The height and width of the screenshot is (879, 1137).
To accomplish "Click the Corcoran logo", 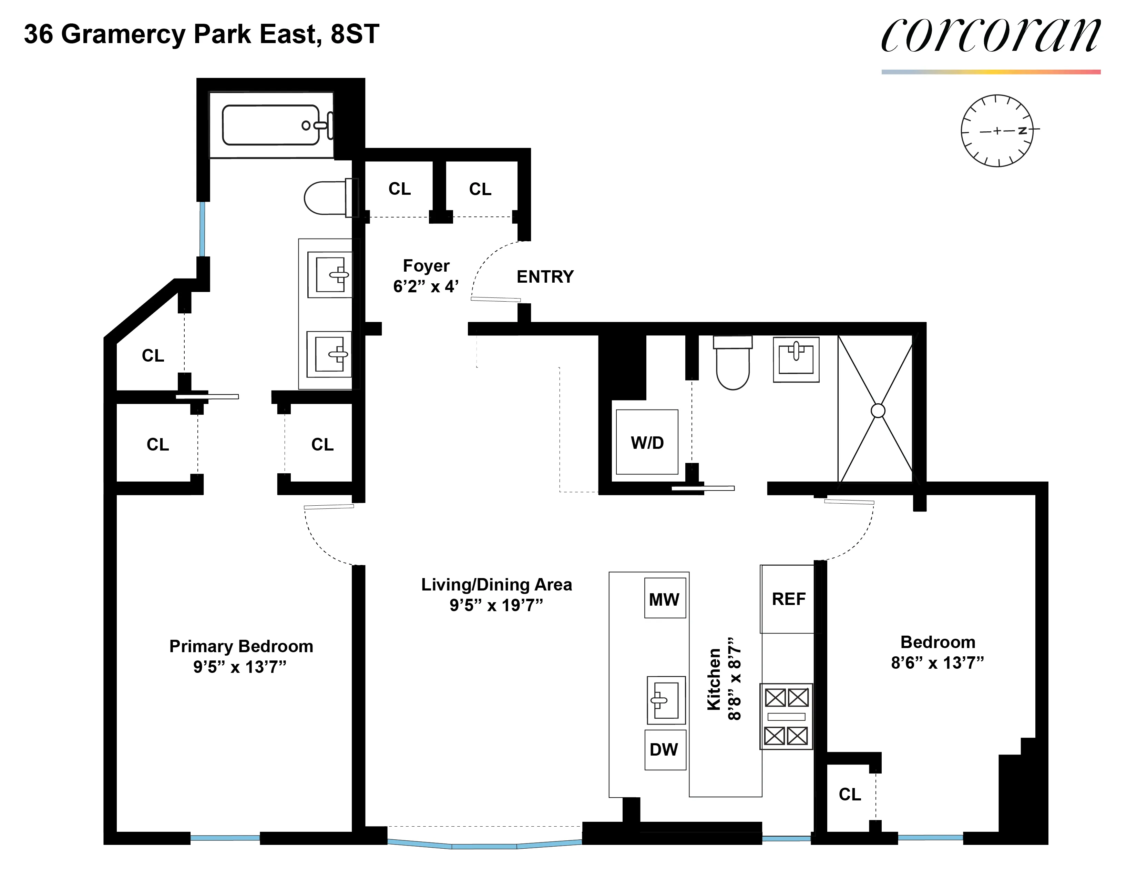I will pyautogui.click(x=990, y=36).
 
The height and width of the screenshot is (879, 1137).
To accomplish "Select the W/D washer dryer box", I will pyautogui.click(x=647, y=442).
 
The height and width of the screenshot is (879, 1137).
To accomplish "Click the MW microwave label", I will pyautogui.click(x=664, y=599).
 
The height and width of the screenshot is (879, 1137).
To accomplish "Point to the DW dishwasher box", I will pyautogui.click(x=664, y=750).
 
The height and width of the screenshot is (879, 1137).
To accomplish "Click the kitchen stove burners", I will pyautogui.click(x=786, y=717).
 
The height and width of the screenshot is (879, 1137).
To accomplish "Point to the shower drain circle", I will pyautogui.click(x=878, y=411).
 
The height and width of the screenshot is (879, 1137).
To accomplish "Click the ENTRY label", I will pyautogui.click(x=545, y=276).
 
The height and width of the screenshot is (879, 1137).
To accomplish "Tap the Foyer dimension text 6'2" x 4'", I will pyautogui.click(x=426, y=286).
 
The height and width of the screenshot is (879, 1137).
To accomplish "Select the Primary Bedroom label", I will pyautogui.click(x=241, y=646).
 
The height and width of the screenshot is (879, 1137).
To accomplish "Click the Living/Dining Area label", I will pyautogui.click(x=496, y=585).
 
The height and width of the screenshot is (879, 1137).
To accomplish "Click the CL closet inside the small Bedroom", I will pyautogui.click(x=850, y=794).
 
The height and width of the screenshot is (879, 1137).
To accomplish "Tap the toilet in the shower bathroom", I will pyautogui.click(x=733, y=364).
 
